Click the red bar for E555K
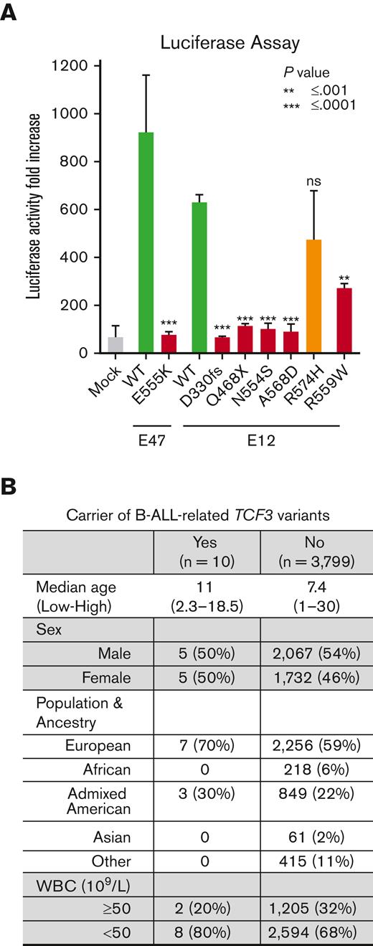(x=169, y=344)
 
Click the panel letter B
(x=9, y=488)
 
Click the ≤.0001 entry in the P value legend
(x=333, y=105)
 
